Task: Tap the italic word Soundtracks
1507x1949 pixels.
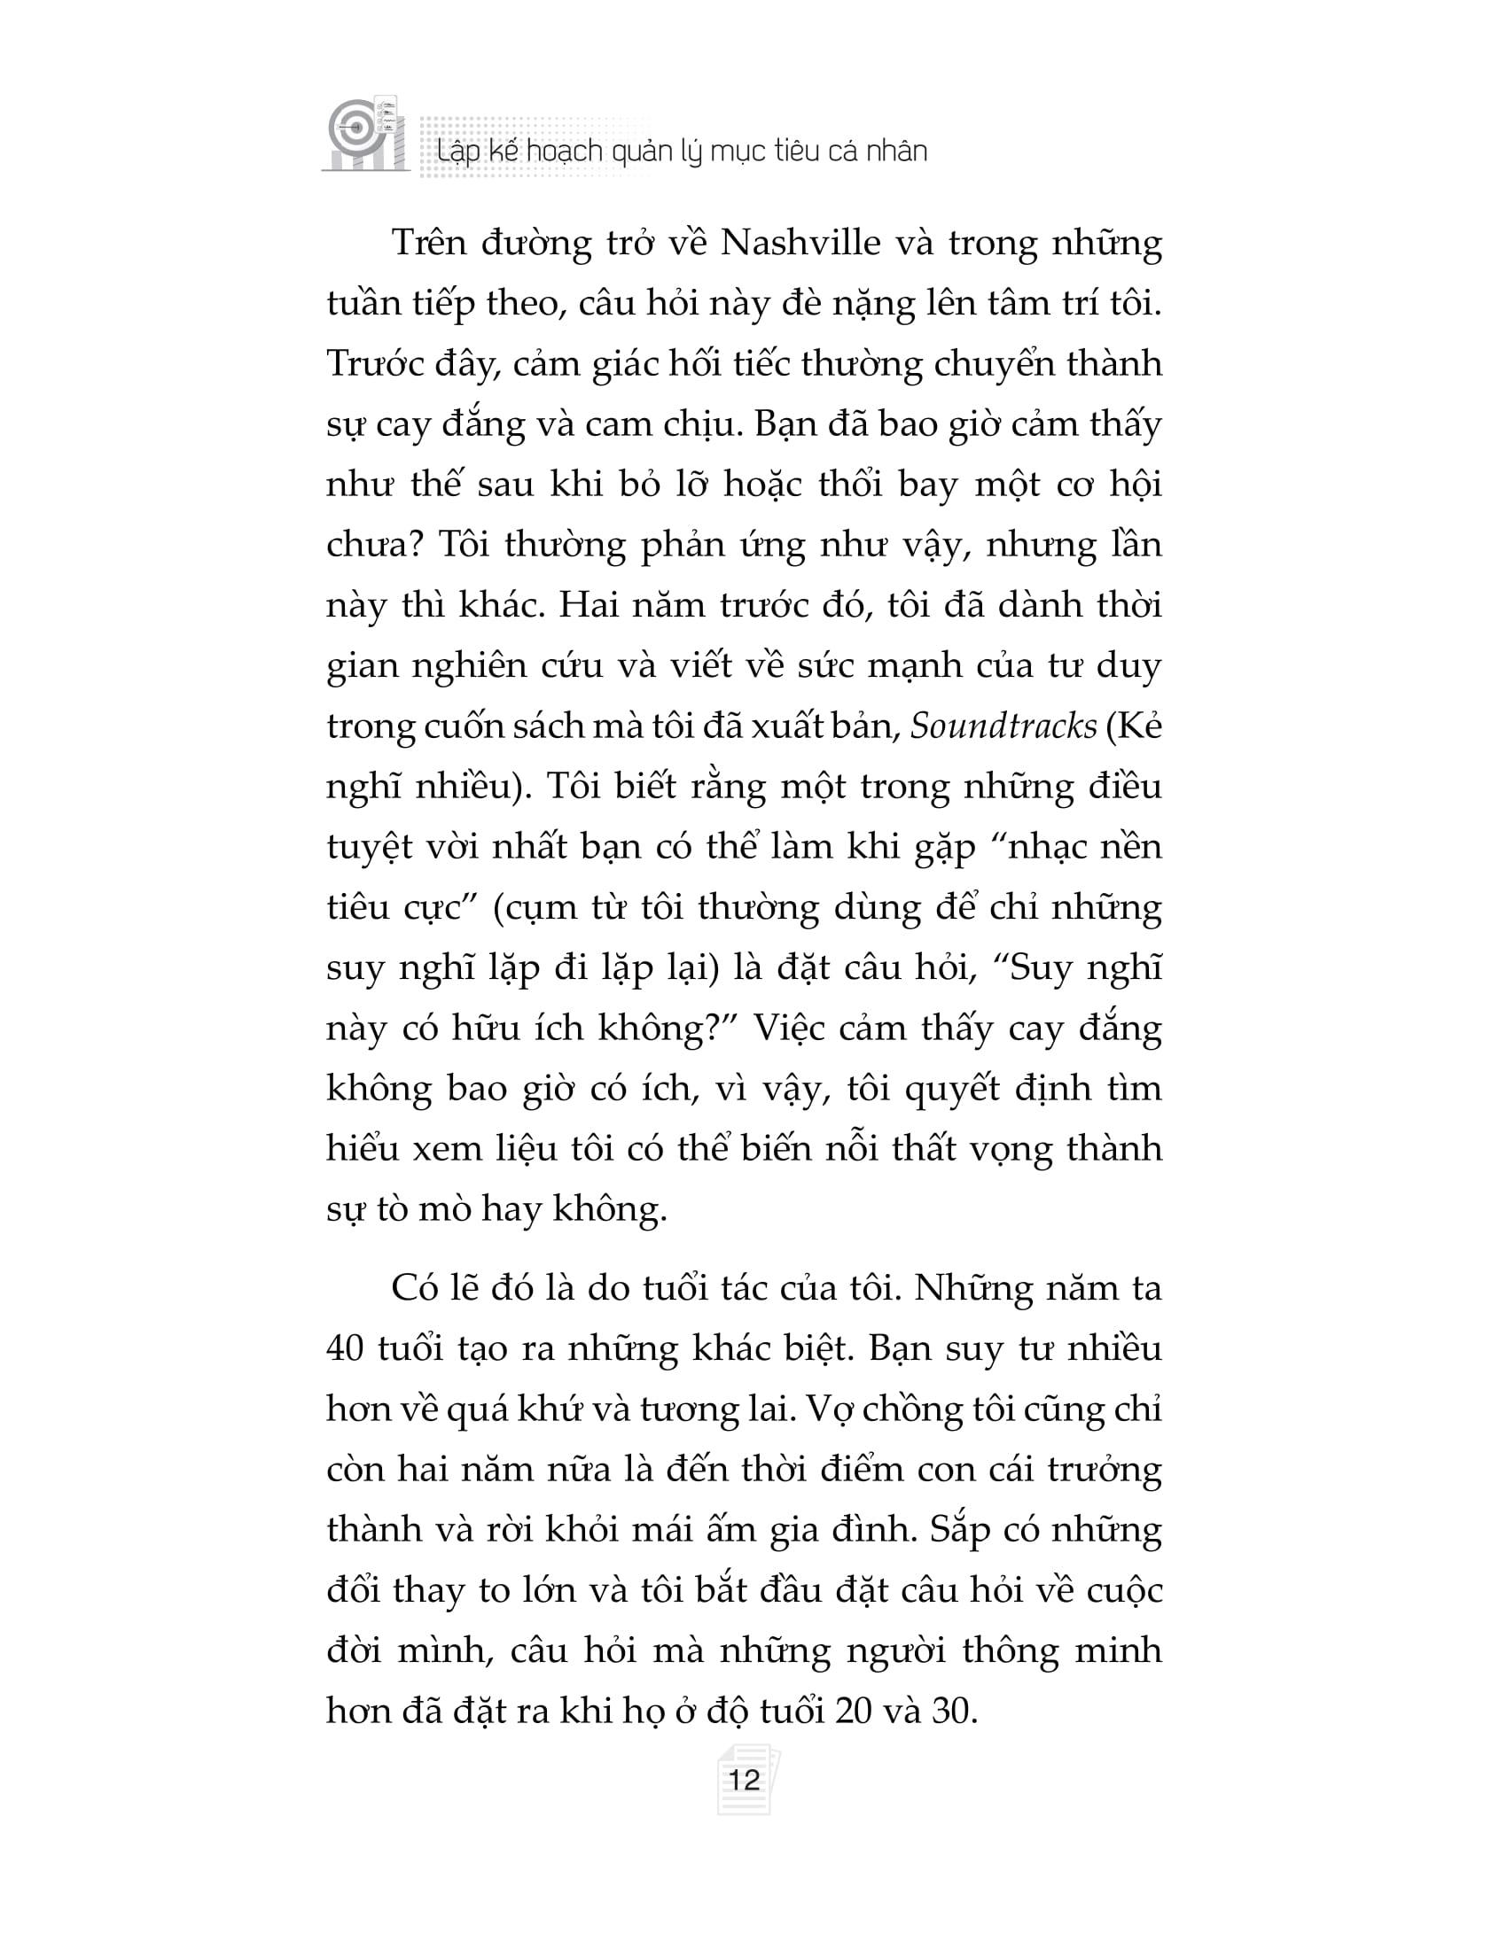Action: tap(1003, 726)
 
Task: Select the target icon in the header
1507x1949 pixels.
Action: tap(350, 128)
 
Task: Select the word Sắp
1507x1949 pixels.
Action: tap(957, 1530)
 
